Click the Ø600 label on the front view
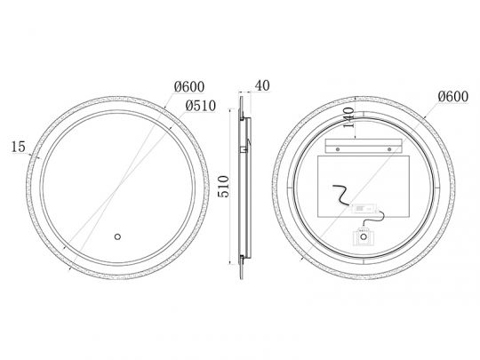(189, 86)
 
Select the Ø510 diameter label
(201, 106)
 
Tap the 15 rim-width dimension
(19, 147)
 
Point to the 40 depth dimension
(262, 85)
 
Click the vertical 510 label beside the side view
(223, 187)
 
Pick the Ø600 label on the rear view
(453, 96)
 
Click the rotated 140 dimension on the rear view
(348, 117)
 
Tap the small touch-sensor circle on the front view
(117, 236)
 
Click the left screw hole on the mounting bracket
(338, 149)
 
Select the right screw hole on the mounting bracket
(389, 149)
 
